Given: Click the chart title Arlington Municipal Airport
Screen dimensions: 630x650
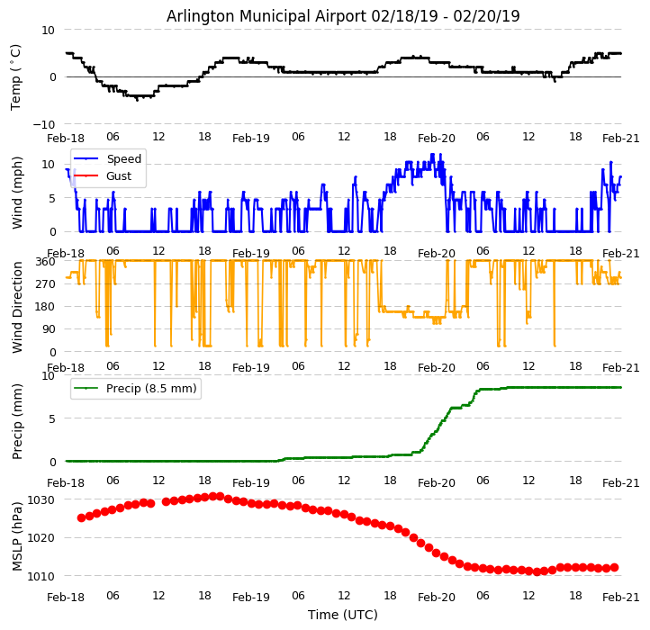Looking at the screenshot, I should [343, 16].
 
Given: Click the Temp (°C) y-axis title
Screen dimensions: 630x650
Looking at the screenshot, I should [16, 76].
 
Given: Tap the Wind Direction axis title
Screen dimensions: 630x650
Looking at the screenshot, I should [17, 306].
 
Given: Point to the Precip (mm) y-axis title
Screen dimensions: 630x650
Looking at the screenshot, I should [17, 418].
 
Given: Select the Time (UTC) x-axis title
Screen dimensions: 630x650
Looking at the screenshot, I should [343, 615].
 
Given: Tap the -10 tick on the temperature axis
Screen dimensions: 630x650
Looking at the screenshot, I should [46, 124].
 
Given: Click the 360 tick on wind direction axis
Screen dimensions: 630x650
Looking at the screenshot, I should [45, 261].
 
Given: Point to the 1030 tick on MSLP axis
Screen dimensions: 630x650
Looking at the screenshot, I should [41, 499].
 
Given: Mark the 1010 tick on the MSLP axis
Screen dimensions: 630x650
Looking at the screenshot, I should [41, 576].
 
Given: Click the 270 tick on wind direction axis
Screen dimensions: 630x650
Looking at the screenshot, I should [45, 283].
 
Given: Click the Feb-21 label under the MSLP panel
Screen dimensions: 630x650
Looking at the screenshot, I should [621, 597].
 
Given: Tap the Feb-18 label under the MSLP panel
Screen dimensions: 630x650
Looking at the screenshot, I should [66, 597].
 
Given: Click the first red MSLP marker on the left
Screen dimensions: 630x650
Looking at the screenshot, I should [81, 517].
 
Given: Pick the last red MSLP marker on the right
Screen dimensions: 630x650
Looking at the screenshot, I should [614, 567].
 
